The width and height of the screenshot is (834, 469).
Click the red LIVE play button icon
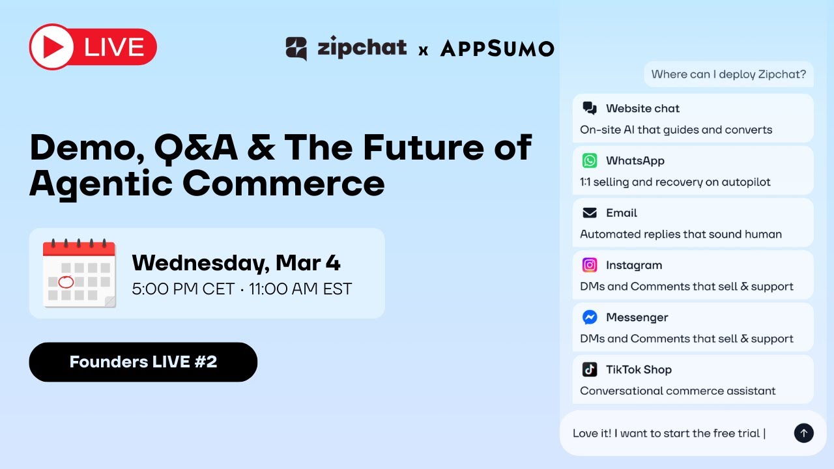pos(51,47)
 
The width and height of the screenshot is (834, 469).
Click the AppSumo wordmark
pos(497,48)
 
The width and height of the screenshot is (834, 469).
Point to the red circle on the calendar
pos(66,282)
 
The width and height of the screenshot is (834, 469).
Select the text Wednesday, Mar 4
pos(236,263)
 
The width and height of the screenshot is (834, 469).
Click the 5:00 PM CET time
pos(183,289)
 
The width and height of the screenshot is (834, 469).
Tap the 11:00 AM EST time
pos(300,289)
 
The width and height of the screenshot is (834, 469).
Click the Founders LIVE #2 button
pos(143,362)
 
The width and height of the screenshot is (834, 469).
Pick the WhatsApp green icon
pos(590,160)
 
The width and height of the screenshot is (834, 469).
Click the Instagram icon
pos(590,265)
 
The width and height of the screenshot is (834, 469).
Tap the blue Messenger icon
pos(590,317)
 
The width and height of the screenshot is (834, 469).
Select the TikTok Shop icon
pos(590,369)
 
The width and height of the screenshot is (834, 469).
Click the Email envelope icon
pos(590,213)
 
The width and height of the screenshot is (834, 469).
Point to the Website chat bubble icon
pos(590,108)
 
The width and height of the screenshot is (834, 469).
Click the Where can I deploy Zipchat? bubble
pos(728,74)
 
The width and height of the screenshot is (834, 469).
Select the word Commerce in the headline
pos(283,183)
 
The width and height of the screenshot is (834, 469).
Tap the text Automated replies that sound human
pos(681,234)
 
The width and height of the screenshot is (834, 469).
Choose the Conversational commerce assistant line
pos(678,391)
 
